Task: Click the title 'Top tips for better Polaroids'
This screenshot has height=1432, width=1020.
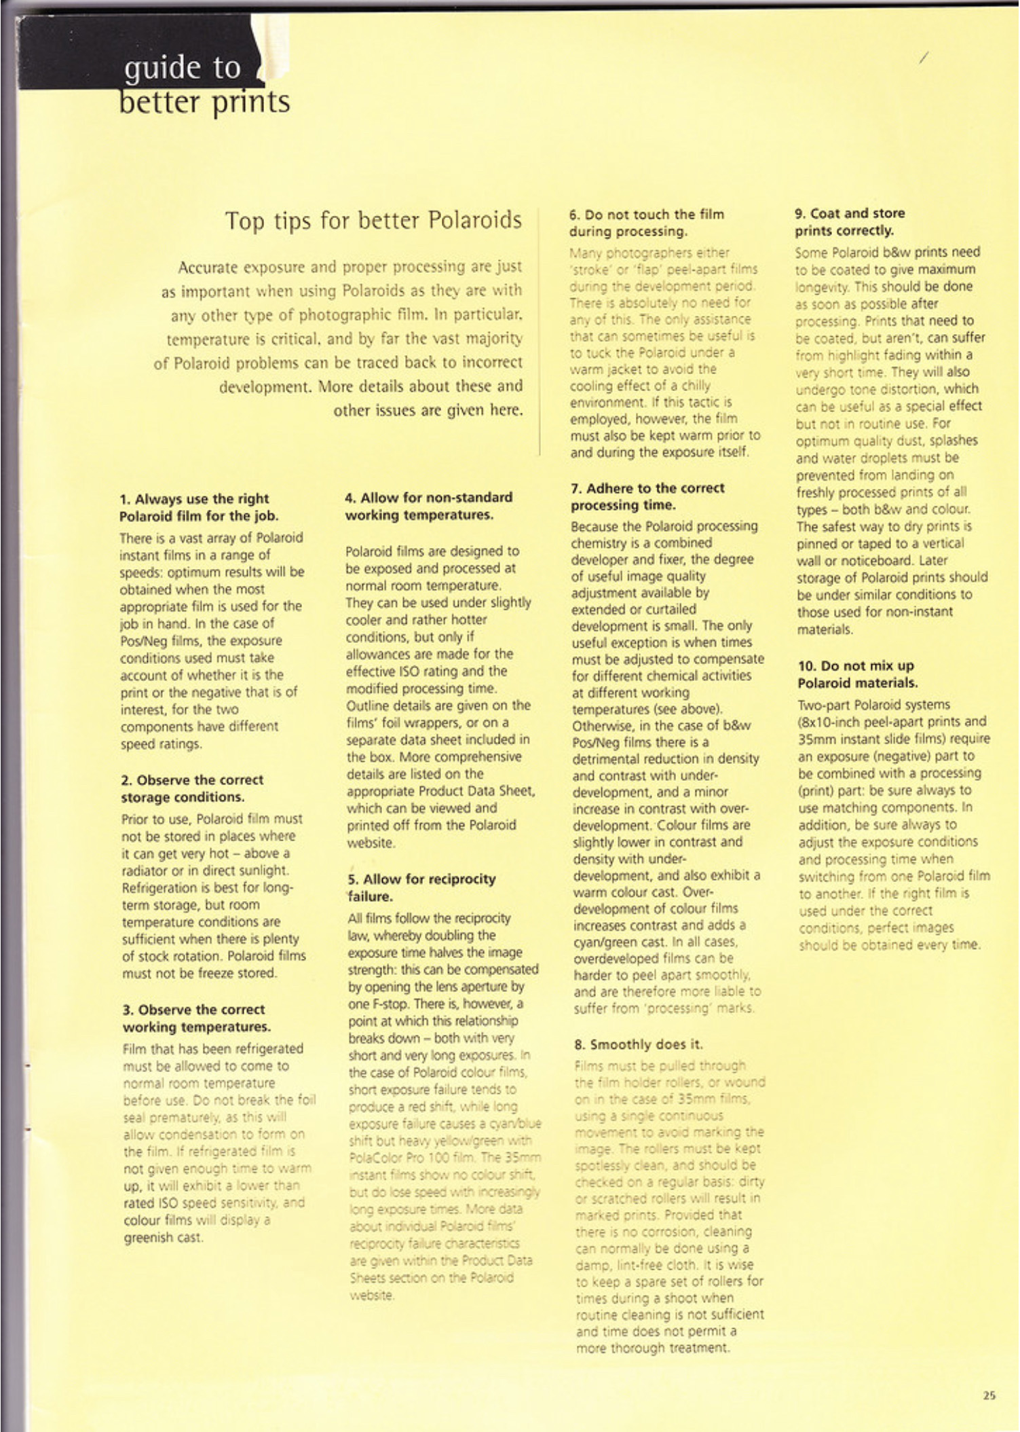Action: pos(373,221)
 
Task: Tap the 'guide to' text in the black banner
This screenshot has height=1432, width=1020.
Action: pos(182,69)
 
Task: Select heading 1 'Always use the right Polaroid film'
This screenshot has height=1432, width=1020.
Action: pos(198,507)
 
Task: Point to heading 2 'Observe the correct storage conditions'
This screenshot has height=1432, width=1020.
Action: pos(193,788)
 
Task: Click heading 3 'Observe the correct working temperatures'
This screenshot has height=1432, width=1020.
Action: pos(196,1018)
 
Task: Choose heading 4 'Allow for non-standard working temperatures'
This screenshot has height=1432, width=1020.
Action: pos(428,506)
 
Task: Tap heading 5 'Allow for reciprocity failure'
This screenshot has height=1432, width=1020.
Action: pos(421,887)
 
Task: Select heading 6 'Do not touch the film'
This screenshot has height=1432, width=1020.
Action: pos(646,223)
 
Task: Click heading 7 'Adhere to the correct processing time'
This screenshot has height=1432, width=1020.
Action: pos(647,496)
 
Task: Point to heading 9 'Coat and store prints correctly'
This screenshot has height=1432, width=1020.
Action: pos(850,222)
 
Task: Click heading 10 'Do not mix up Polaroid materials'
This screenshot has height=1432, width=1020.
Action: pos(857,674)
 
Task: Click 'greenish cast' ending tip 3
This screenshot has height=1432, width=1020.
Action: pos(163,1238)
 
